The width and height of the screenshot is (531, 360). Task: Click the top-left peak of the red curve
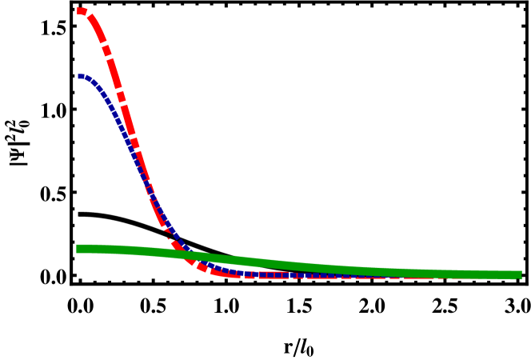(82, 11)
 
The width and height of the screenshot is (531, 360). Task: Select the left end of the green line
(78, 249)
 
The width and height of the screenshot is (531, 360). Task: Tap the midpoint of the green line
(299, 266)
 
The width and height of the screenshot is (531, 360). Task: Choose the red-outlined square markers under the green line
(272, 274)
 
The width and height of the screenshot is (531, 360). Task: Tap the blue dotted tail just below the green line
(232, 270)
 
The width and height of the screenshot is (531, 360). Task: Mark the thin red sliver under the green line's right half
(416, 278)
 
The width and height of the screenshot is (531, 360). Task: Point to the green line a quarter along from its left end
(189, 255)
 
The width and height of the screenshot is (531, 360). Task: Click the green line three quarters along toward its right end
(409, 273)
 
